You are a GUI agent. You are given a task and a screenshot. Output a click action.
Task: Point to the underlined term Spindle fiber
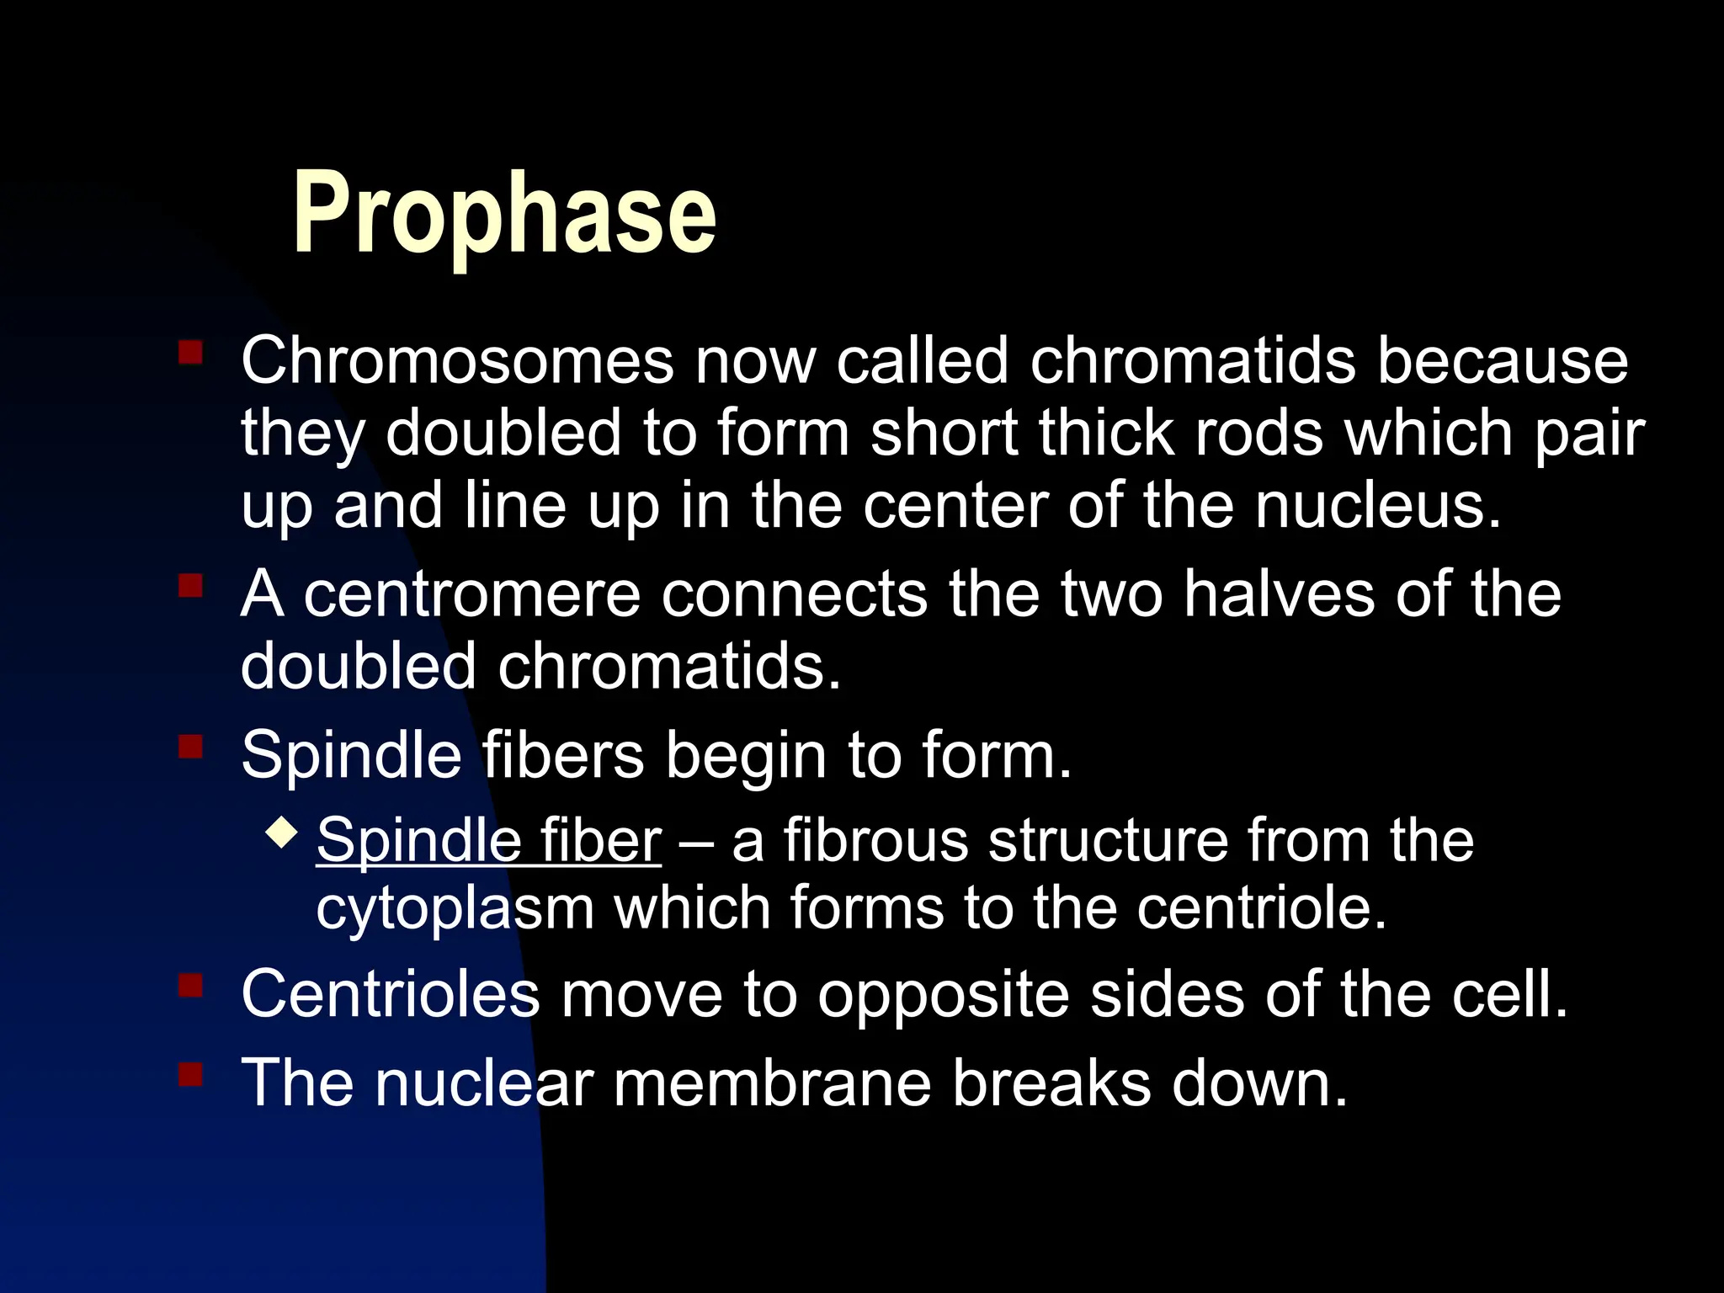point(489,840)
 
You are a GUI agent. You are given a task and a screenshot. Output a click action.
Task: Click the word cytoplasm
point(455,909)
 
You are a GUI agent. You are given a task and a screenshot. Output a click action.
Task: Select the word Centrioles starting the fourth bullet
point(390,994)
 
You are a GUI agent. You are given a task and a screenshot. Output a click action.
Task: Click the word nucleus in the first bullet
point(1377,506)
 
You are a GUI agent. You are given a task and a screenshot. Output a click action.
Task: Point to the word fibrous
point(875,840)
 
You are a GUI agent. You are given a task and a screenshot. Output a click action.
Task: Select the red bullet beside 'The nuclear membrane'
point(190,1073)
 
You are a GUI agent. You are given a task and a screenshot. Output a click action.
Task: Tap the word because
point(1503,361)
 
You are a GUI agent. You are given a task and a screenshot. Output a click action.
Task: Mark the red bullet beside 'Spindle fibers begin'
point(190,746)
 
